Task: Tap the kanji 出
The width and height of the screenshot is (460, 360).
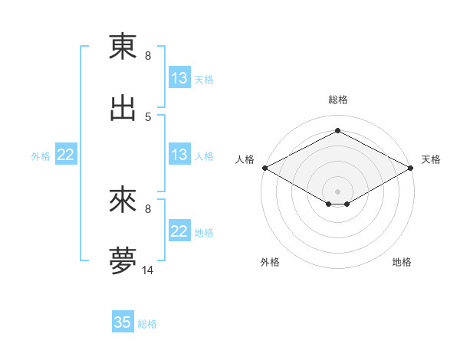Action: [x=123, y=106]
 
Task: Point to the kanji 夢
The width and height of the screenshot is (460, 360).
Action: [x=123, y=260]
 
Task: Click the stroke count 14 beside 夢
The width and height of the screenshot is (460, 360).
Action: [x=148, y=270]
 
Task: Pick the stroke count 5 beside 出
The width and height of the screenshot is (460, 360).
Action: [x=148, y=116]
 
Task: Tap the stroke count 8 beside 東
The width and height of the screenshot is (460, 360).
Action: [x=148, y=56]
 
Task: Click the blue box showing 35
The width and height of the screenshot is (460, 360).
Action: [x=123, y=322]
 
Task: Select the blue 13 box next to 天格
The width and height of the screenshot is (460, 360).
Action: [x=179, y=78]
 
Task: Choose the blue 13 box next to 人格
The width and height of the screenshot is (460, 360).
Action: [x=179, y=155]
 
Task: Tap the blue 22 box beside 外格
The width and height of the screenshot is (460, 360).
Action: [x=66, y=155]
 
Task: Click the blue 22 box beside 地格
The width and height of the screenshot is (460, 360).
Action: [x=179, y=231]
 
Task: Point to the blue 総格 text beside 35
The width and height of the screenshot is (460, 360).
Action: [x=148, y=324]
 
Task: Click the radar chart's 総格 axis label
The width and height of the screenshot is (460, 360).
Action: [x=337, y=100]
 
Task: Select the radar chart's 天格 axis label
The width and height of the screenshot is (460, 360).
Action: [x=432, y=159]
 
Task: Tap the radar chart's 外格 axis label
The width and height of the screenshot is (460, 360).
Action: [x=270, y=262]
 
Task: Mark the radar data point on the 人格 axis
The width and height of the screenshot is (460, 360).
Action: [x=264, y=168]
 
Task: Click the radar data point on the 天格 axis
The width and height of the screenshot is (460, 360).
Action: [x=411, y=168]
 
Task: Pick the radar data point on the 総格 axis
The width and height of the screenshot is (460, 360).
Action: [x=337, y=130]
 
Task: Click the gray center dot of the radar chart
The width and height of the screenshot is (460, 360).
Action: [x=337, y=191]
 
